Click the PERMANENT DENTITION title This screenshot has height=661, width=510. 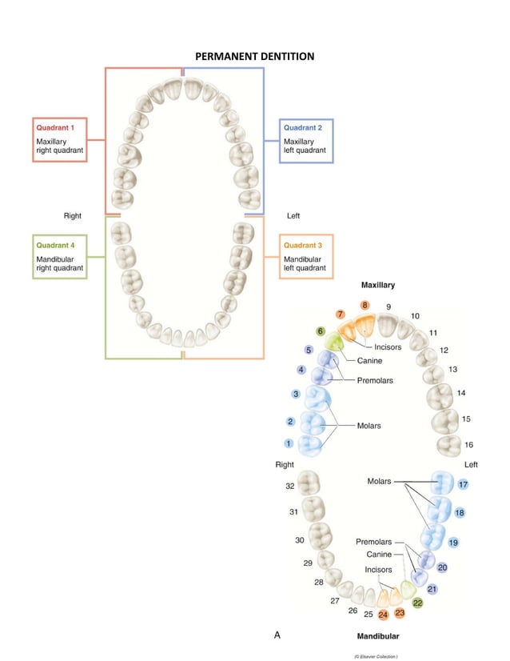coord(254,56)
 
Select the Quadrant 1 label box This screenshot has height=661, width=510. coord(59,140)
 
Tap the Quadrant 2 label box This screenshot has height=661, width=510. coord(306,140)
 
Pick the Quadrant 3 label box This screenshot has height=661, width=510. coord(306,256)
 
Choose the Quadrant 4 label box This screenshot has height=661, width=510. coord(59,256)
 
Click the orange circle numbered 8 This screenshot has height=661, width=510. coord(365,305)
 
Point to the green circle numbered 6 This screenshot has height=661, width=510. coord(321,330)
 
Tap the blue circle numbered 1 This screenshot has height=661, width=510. coord(289,443)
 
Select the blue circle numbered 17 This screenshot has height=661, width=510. coord(463,485)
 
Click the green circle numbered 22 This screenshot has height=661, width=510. coord(417,603)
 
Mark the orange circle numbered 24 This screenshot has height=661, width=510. coord(383,615)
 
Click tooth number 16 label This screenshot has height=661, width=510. coord(468,445)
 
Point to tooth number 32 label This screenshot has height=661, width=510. coord(290,486)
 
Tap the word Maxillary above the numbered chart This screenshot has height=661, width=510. coord(377,285)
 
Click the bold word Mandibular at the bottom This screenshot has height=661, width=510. coord(377,636)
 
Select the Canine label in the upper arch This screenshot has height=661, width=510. coord(369,361)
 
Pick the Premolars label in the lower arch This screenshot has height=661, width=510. coord(374,542)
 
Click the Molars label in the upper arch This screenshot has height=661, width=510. coord(369,426)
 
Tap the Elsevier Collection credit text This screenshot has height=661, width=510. coord(375,655)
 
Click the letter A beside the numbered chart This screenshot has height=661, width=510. coord(277,635)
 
